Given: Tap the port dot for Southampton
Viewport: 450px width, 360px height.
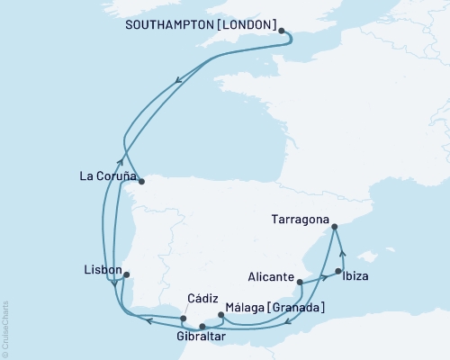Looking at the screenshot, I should pos(283,31).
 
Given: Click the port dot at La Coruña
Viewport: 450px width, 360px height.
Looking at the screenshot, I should pos(140,181).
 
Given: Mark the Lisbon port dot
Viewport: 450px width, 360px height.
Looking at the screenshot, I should pos(126,274).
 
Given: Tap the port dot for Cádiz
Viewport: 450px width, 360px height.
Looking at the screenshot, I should pos(184,318).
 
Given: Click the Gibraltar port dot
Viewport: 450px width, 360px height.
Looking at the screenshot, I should pos(202,326).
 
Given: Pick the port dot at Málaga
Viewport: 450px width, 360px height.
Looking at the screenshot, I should pos(221,314).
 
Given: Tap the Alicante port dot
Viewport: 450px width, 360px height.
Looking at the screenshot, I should pos(300,283).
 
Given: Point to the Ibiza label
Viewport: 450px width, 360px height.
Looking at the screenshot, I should pos(357,274).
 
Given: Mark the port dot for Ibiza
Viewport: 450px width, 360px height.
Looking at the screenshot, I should pos(338,271).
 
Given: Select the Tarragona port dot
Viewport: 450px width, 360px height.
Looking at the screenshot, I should pos(334,228).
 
